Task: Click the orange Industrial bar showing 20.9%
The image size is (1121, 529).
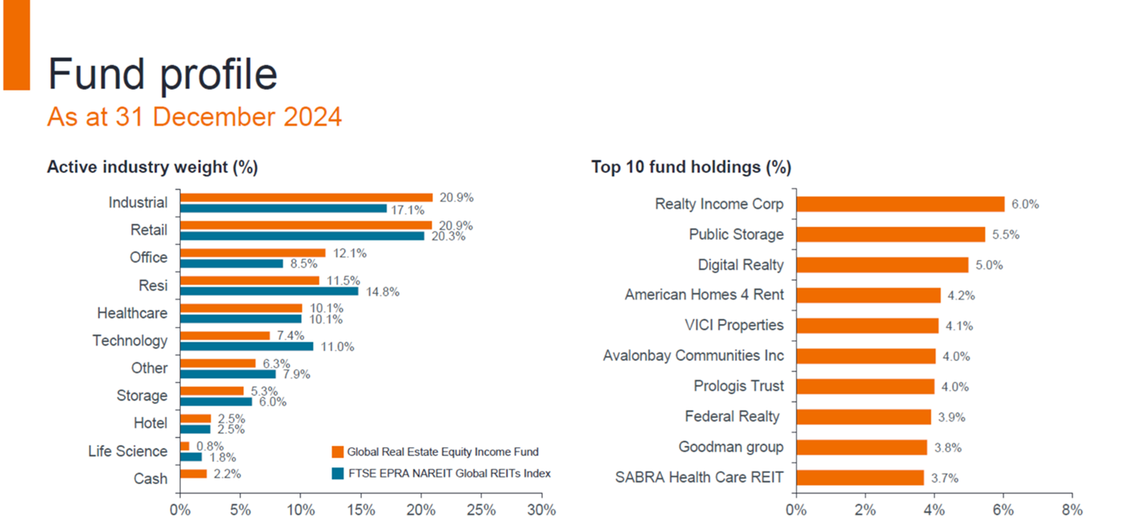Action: click(x=306, y=197)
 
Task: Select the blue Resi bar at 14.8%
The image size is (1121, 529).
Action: click(x=269, y=291)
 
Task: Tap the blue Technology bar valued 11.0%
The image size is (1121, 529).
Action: click(x=247, y=346)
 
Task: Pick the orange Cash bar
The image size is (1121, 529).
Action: click(x=193, y=474)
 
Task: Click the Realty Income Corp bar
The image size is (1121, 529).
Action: click(x=900, y=204)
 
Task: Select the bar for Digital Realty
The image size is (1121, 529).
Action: click(x=882, y=264)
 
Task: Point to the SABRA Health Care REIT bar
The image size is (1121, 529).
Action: click(x=860, y=478)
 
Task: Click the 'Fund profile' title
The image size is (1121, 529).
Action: click(x=163, y=74)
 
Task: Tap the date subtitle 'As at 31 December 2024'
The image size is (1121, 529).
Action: click(x=195, y=117)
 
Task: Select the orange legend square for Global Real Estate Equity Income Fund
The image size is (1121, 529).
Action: click(x=337, y=452)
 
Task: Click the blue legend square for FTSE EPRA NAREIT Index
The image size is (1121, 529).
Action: click(x=337, y=473)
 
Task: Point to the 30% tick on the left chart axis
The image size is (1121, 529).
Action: click(x=542, y=510)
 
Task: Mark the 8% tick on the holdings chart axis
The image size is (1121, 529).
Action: click(x=1072, y=510)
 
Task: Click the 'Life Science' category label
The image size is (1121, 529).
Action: click(x=128, y=451)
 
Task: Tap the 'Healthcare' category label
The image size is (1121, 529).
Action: click(x=132, y=313)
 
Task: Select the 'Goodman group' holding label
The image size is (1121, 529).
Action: click(x=731, y=446)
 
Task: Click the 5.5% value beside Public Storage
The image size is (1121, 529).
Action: click(x=1007, y=235)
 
